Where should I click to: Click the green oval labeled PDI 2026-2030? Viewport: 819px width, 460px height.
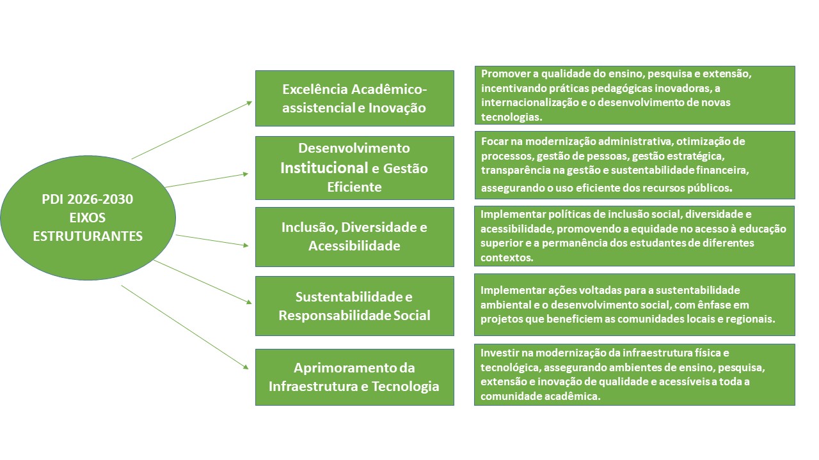88,218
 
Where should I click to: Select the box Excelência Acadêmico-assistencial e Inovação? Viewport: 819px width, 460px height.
354,98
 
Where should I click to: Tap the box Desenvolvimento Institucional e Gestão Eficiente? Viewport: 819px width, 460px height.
354,168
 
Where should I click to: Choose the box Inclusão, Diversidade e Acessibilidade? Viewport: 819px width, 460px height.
354,237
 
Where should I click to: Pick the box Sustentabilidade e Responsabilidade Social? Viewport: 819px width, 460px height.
354,306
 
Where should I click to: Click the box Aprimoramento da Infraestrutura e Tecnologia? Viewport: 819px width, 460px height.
354,377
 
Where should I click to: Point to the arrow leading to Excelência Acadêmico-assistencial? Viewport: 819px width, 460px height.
192,130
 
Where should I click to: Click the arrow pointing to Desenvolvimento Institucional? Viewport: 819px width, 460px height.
207,180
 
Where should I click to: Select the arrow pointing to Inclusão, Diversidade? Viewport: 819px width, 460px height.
212,241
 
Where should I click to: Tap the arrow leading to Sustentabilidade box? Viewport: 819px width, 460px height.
203,282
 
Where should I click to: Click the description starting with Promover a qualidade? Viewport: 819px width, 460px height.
635,95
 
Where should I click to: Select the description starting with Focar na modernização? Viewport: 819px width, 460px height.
635,165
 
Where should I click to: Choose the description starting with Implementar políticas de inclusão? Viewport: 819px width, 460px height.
634,236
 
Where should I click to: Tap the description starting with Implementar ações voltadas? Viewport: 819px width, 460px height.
635,305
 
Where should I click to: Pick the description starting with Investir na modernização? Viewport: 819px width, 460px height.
635,374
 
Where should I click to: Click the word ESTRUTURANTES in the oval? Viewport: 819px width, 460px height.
88,236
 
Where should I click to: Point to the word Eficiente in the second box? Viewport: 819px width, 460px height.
354,187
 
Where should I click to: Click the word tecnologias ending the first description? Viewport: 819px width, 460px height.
511,117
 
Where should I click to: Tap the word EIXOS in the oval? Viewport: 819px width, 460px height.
88,218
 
